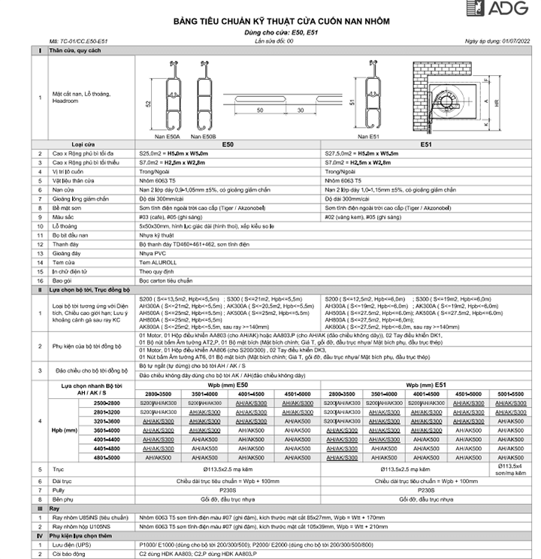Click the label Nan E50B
203,137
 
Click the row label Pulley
59,489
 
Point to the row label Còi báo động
68,553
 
